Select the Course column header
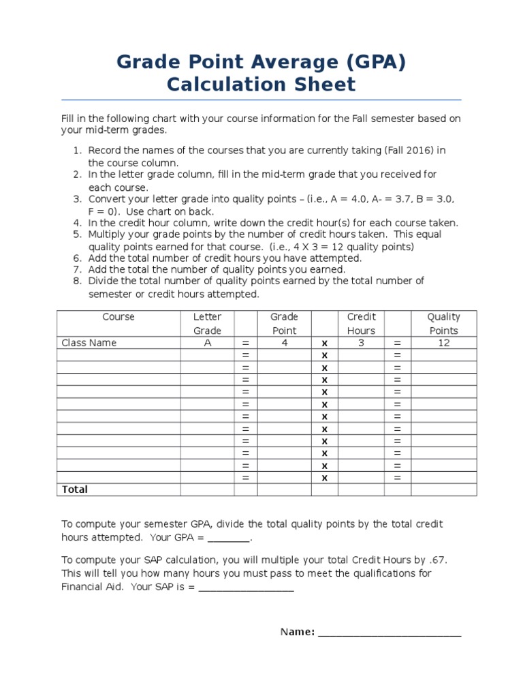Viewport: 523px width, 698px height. [x=118, y=317]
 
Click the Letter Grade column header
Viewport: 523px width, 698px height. [x=207, y=324]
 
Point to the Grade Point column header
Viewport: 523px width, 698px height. [x=284, y=324]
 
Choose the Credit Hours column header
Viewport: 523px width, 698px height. [x=361, y=324]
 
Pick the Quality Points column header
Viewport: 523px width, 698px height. [x=443, y=324]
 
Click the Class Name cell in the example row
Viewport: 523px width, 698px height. [x=89, y=343]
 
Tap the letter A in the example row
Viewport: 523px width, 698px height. [x=208, y=343]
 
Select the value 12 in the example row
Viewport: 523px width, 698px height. [x=444, y=343]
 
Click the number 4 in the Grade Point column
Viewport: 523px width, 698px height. [x=285, y=343]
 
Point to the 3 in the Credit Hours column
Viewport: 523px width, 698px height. [x=361, y=343]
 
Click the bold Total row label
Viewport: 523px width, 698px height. [x=75, y=489]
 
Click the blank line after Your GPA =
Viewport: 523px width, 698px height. [x=229, y=538]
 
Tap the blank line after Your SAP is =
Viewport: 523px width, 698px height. [x=247, y=588]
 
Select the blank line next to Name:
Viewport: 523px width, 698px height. [x=390, y=633]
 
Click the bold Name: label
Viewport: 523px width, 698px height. [x=298, y=632]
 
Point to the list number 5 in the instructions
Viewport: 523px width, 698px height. [x=77, y=234]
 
